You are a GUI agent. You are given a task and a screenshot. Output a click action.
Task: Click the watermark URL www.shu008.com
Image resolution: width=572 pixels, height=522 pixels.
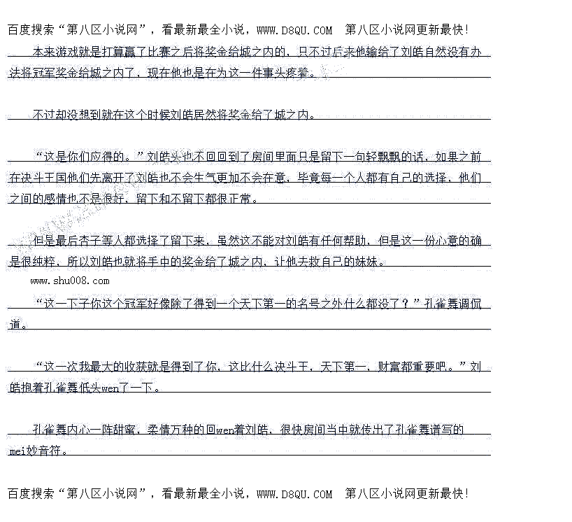click(x=70, y=281)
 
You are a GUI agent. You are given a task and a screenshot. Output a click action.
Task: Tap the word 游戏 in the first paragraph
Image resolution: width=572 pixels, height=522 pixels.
click(x=69, y=51)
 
